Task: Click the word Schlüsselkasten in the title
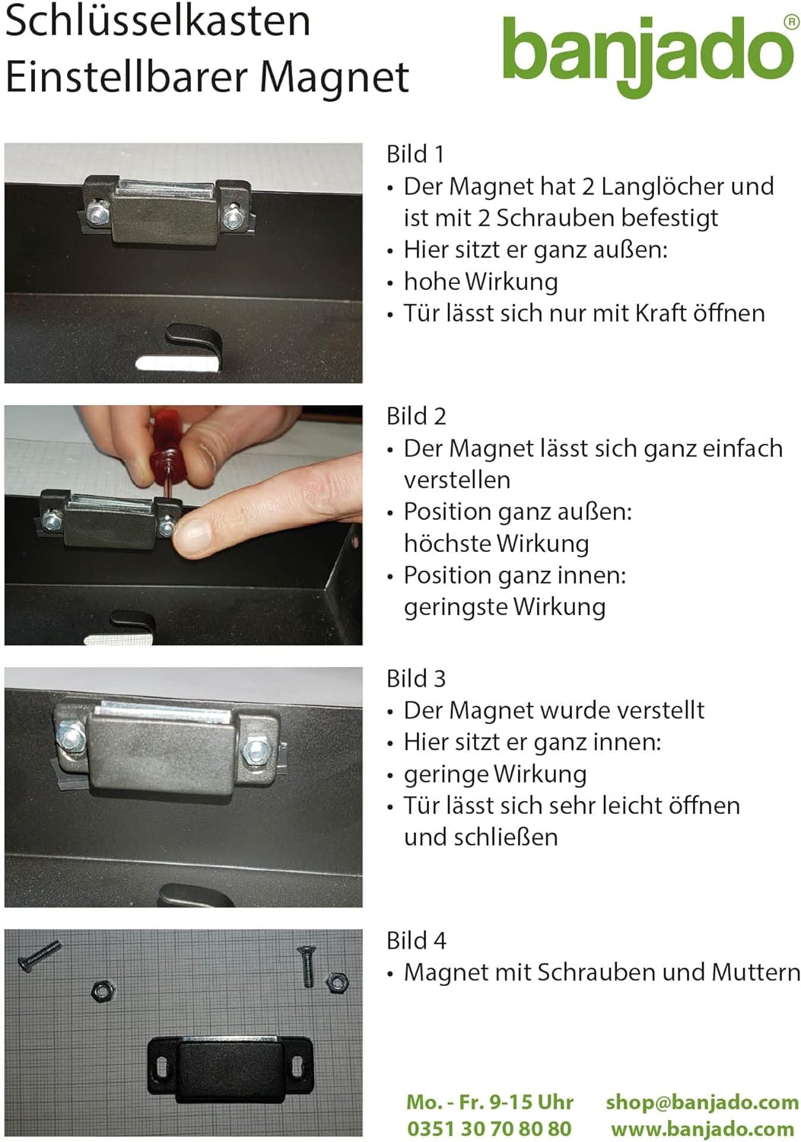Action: pos(157,21)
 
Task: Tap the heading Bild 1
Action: pos(415,154)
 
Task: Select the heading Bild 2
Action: pos(415,416)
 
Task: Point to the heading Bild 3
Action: pos(415,678)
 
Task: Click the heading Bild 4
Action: pos(415,940)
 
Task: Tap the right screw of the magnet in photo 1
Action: pos(234,219)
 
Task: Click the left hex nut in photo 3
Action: pos(71,736)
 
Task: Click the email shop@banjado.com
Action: pos(701,1102)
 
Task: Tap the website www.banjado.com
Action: pos(701,1128)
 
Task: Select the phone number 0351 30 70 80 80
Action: pos(489,1128)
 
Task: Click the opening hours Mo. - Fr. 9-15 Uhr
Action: pos(489,1102)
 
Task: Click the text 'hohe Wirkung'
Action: pos(481,282)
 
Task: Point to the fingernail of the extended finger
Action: pos(191,534)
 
